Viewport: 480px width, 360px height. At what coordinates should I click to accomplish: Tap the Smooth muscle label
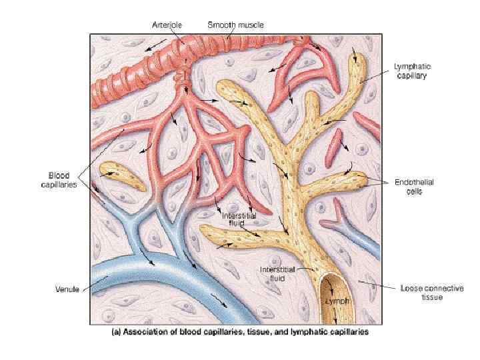pos(235,25)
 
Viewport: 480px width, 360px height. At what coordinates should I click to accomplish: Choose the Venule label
pos(67,289)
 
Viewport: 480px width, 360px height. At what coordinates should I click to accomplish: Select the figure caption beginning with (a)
pos(239,331)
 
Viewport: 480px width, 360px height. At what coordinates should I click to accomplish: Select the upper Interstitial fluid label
pos(238,219)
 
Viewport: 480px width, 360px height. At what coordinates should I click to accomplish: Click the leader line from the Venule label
pos(93,285)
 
